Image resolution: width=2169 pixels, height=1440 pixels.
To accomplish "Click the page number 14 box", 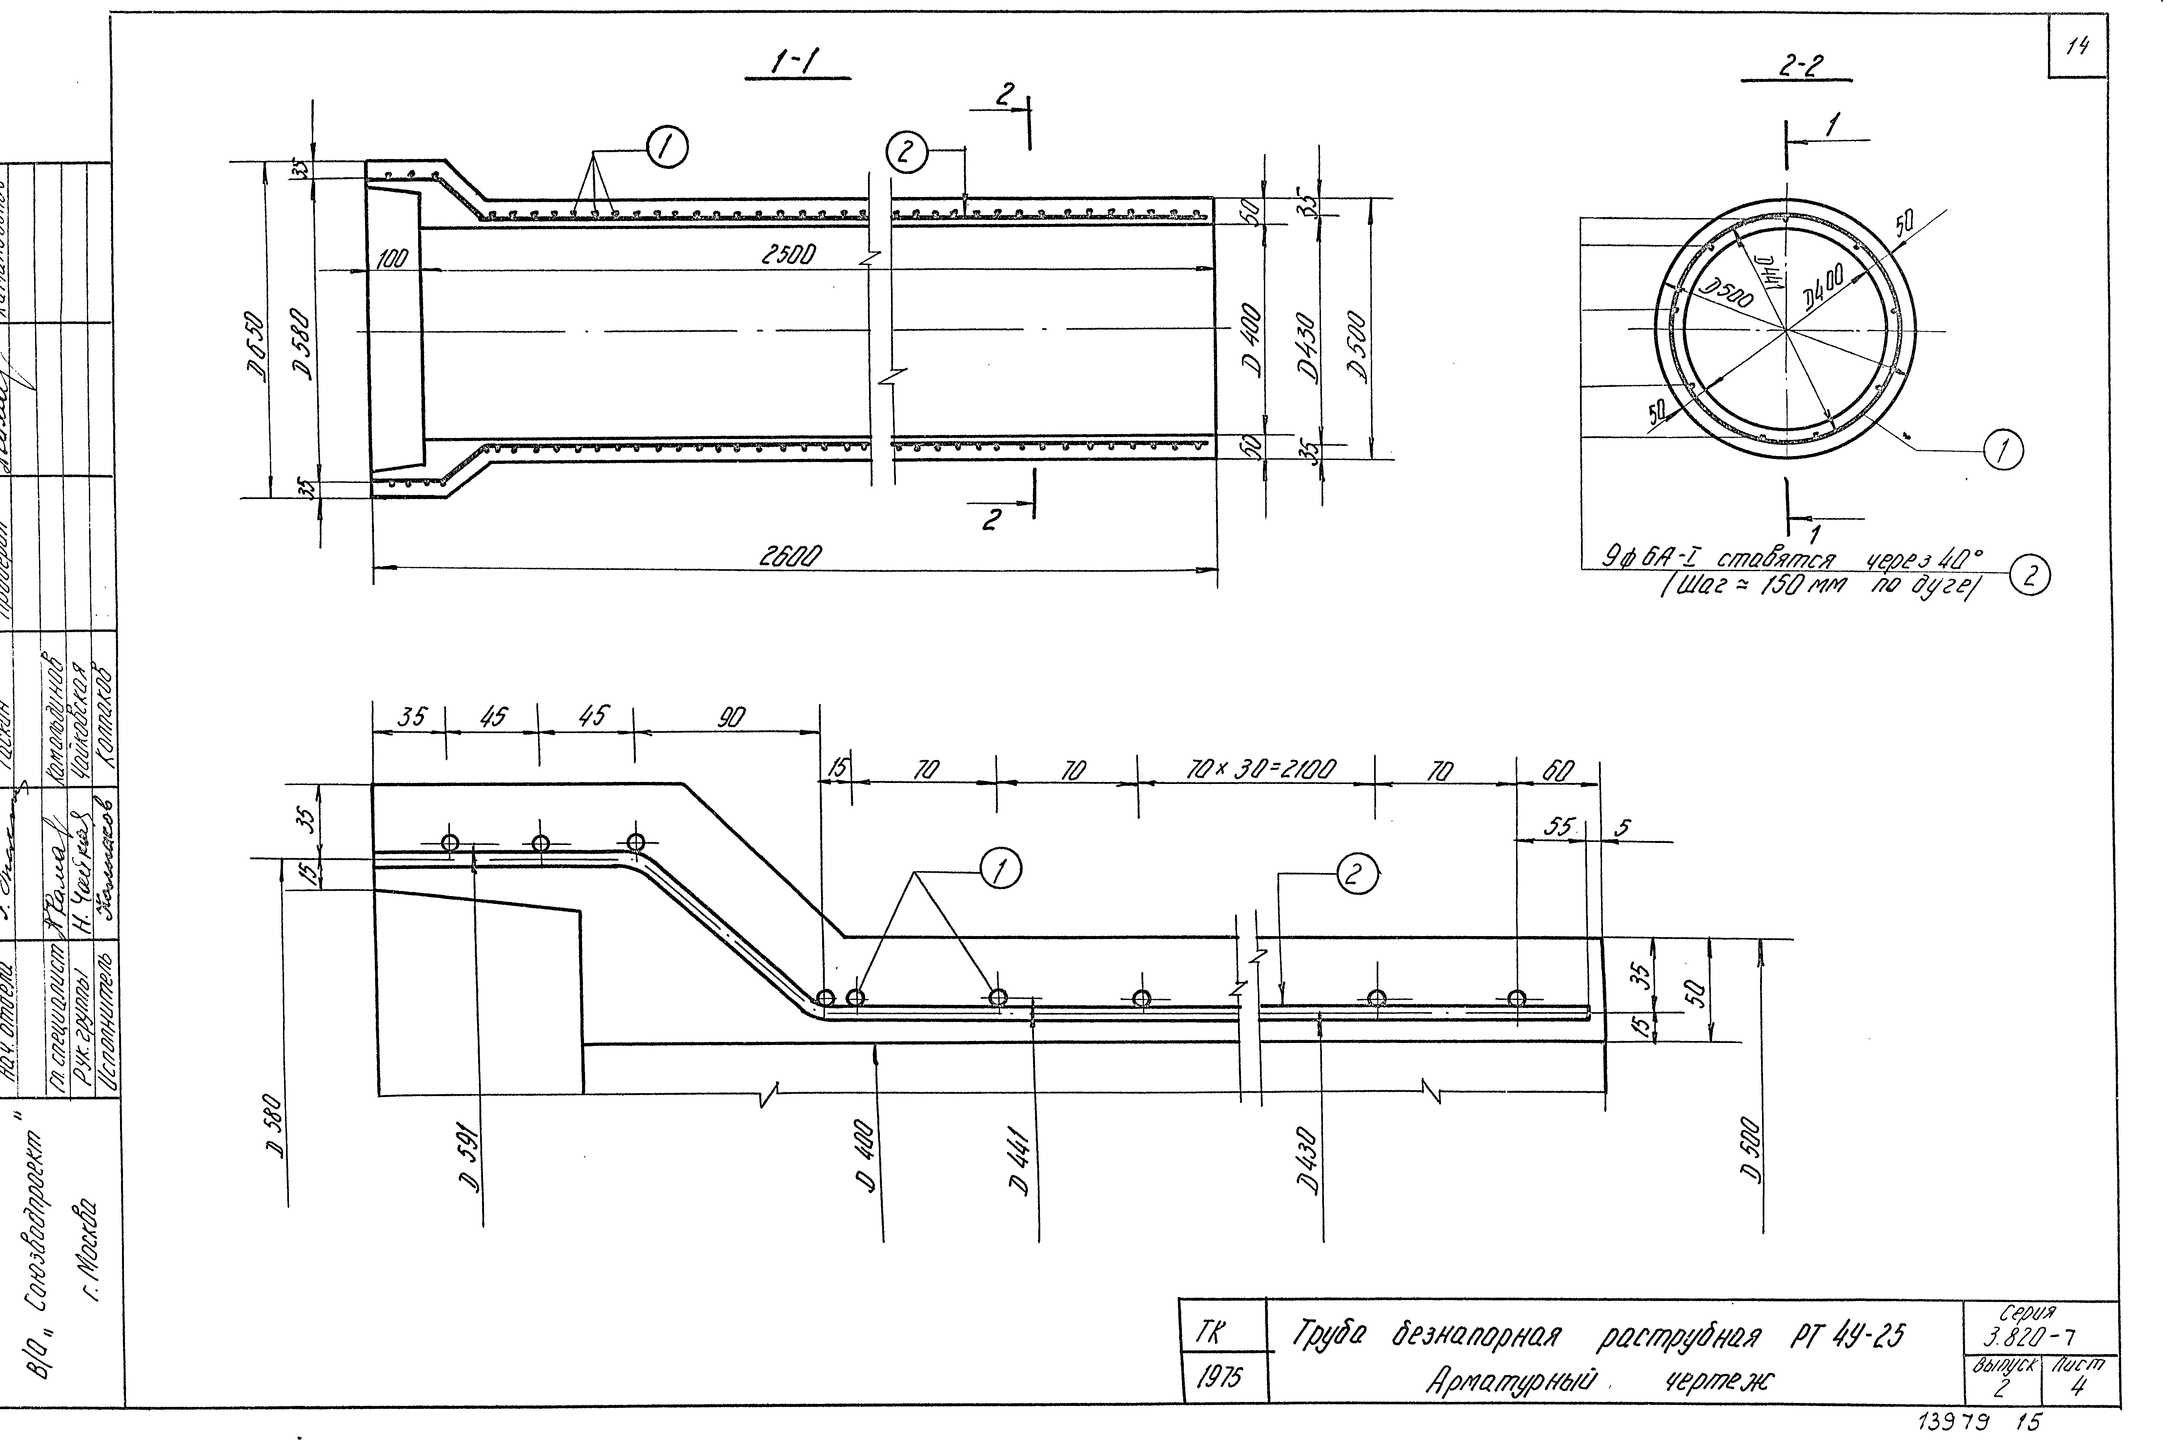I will coord(2077,46).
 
